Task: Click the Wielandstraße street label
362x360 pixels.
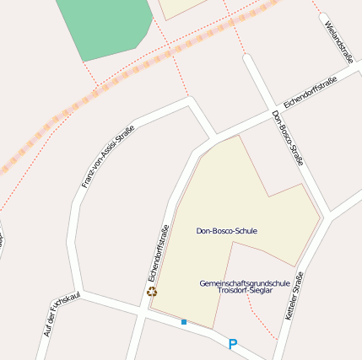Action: [338, 37]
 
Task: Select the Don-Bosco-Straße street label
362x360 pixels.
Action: [288, 137]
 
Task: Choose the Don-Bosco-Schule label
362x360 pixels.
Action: [226, 230]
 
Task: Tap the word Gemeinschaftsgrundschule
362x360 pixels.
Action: [245, 282]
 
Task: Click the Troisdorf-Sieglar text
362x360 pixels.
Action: [245, 290]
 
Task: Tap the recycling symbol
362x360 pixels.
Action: [152, 292]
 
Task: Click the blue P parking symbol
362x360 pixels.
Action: [233, 343]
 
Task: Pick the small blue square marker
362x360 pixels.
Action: [183, 321]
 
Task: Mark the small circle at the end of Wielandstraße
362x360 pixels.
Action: [322, 15]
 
